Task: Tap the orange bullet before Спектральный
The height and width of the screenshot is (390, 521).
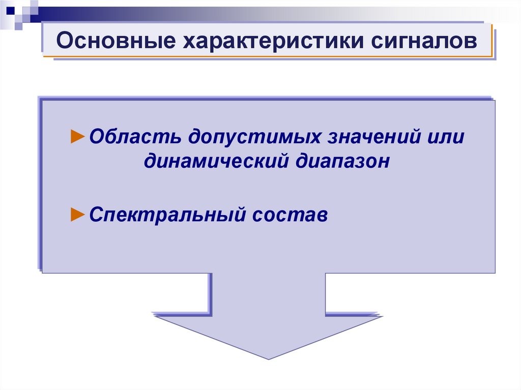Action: tap(77, 214)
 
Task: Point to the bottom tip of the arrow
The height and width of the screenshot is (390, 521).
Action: tap(268, 358)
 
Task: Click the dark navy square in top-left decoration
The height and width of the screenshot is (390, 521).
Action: tap(11, 10)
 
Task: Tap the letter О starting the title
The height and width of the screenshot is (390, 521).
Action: tap(64, 41)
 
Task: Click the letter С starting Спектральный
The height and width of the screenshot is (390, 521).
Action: tap(95, 215)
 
